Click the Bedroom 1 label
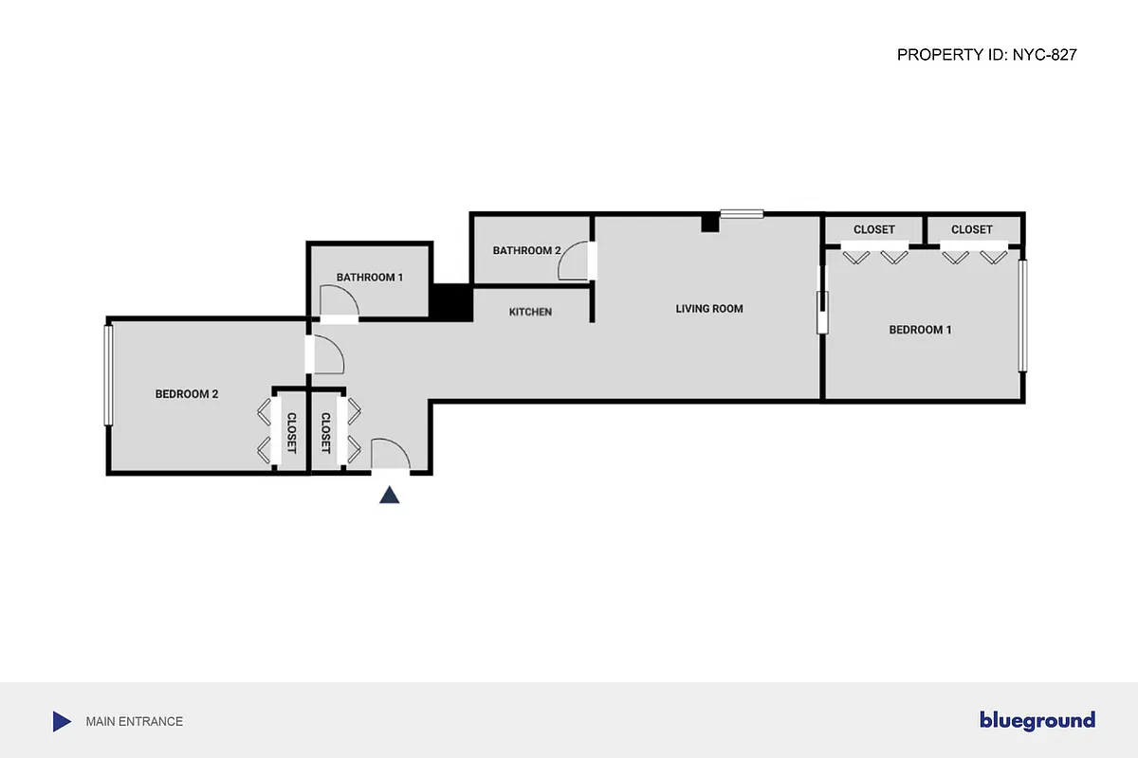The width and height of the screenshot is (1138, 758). click(920, 330)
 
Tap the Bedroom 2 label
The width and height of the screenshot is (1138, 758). click(187, 394)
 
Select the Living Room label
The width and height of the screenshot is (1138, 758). click(709, 309)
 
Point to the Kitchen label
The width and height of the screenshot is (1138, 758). click(530, 312)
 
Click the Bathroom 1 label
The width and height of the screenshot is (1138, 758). click(370, 278)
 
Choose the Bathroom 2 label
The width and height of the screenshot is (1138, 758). click(526, 251)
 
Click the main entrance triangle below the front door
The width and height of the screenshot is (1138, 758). click(389, 496)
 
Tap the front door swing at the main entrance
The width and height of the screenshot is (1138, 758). click(389, 455)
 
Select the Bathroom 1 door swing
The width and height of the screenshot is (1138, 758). click(339, 303)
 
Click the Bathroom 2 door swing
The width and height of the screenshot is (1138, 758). click(575, 261)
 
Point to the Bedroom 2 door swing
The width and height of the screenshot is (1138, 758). click(327, 354)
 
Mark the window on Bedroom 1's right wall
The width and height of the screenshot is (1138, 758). click(1022, 316)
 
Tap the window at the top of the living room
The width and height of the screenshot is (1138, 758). click(742, 214)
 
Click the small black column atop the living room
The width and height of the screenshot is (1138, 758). click(709, 223)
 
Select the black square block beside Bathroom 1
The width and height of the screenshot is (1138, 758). click(451, 302)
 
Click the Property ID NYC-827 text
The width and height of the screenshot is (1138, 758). click(986, 55)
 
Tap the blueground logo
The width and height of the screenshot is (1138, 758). click(1037, 721)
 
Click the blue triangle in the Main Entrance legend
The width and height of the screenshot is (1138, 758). click(62, 722)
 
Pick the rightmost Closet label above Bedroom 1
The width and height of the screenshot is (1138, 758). click(971, 230)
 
